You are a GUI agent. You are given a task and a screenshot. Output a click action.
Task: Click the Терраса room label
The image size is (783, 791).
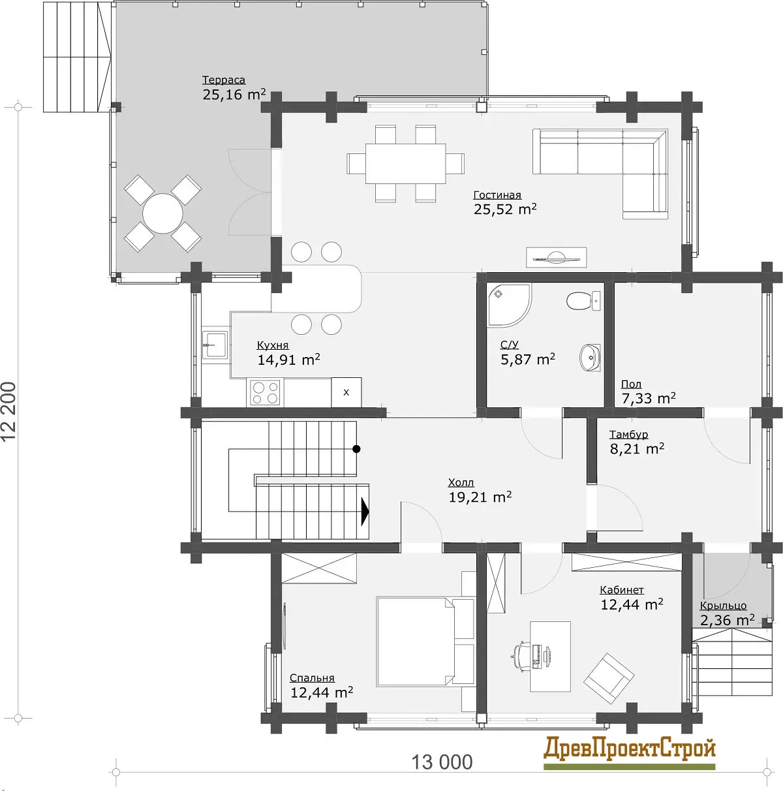(223, 80)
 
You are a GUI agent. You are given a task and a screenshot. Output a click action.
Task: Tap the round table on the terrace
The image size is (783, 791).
(162, 213)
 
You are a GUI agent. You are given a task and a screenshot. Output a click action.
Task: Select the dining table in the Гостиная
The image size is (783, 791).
(405, 163)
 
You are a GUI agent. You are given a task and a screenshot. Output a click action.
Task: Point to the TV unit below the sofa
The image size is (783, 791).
(557, 257)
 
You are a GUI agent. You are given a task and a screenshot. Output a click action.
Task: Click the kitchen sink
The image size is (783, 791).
(215, 345)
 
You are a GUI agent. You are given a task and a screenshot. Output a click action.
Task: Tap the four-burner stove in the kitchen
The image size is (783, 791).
(265, 392)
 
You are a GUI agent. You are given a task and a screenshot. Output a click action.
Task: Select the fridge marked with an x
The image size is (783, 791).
(346, 392)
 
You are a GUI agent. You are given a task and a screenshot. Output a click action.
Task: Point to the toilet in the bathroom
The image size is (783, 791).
(583, 302)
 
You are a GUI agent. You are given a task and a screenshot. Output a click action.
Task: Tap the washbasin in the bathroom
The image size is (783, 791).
(590, 358)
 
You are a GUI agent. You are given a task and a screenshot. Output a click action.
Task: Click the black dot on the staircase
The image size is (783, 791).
(356, 449)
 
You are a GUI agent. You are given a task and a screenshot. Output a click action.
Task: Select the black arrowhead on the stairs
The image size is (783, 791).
(365, 512)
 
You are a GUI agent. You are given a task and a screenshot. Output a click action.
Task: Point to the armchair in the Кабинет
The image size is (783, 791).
(609, 679)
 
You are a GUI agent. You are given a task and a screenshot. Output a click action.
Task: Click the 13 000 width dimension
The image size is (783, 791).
(442, 762)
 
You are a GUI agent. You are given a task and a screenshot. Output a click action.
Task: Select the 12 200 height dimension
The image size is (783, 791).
(9, 412)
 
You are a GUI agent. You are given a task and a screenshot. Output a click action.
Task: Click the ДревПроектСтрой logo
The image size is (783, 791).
(629, 750)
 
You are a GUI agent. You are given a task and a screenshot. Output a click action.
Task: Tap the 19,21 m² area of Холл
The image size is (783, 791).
(480, 497)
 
